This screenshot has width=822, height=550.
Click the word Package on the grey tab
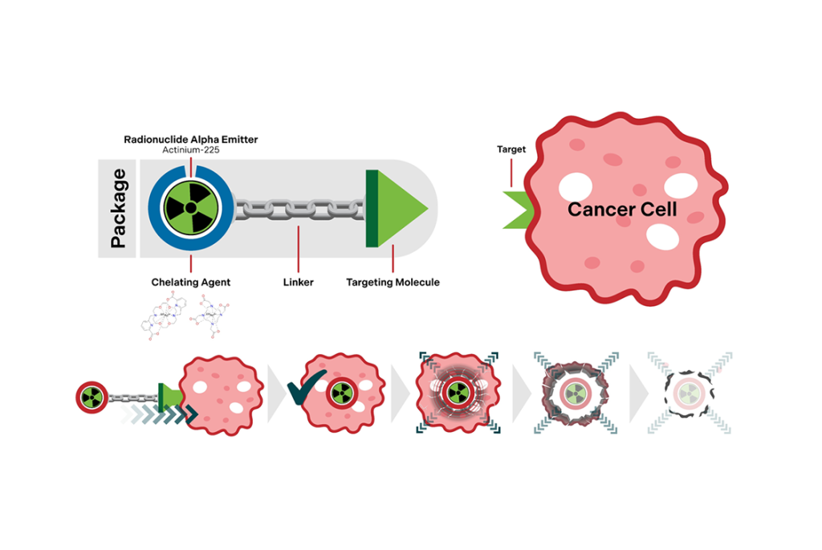pyautogui.click(x=119, y=209)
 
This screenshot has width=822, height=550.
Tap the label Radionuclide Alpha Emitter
pyautogui.click(x=190, y=139)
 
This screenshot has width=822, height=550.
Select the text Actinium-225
pyautogui.click(x=190, y=150)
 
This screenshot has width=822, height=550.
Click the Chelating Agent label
pyautogui.click(x=191, y=282)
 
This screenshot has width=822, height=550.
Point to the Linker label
pyautogui.click(x=298, y=282)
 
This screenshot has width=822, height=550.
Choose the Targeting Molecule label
pyautogui.click(x=393, y=282)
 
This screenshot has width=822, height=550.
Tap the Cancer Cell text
pyautogui.click(x=622, y=210)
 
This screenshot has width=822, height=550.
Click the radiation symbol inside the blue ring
pyautogui.click(x=190, y=207)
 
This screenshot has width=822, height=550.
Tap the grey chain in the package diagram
pyautogui.click(x=299, y=208)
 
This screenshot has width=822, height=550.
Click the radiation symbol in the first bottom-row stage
pyautogui.click(x=90, y=396)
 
